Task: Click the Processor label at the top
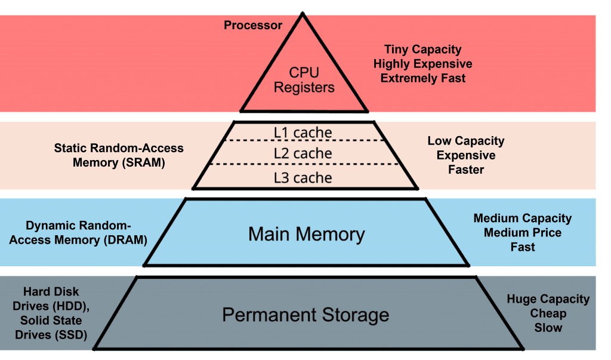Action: pos(253,25)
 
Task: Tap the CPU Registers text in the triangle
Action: pos(304,80)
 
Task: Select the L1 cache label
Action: pos(303,133)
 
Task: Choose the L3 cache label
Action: pos(303,177)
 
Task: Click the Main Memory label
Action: pos(306,233)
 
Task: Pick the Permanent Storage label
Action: pos(305,315)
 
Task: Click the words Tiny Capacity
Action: pos(422,50)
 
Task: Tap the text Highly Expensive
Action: pos(422,64)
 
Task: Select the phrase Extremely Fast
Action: pos(422,78)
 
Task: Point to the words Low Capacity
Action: pos(465,141)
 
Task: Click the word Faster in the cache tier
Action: pos(466,170)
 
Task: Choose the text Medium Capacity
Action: pos(522,219)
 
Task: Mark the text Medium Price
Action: pos(522,233)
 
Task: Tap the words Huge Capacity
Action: pos(548,299)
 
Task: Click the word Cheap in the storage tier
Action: pos(548,313)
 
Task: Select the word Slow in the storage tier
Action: pos(548,328)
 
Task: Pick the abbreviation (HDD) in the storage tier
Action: pos(70,306)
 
